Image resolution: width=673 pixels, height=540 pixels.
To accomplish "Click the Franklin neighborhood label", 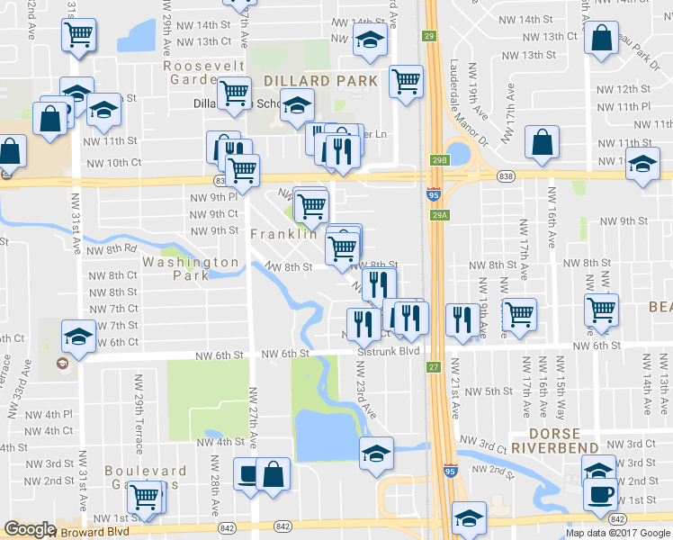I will (x=284, y=234).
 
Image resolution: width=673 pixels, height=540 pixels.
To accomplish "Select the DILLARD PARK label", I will (x=320, y=81).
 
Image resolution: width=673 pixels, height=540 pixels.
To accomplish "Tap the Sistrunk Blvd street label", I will (x=389, y=353).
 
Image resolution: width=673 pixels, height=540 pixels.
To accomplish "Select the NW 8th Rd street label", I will (x=112, y=248).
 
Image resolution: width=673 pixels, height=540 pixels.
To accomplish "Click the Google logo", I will (x=30, y=529).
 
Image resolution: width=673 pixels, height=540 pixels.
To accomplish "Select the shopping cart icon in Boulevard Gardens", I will (x=144, y=496).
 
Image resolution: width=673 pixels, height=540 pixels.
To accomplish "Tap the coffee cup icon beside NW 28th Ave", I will (x=247, y=472).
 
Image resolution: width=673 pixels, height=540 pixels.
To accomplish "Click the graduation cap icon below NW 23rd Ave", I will (x=376, y=452).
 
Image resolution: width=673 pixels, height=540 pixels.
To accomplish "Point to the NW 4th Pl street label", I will (x=49, y=415).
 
